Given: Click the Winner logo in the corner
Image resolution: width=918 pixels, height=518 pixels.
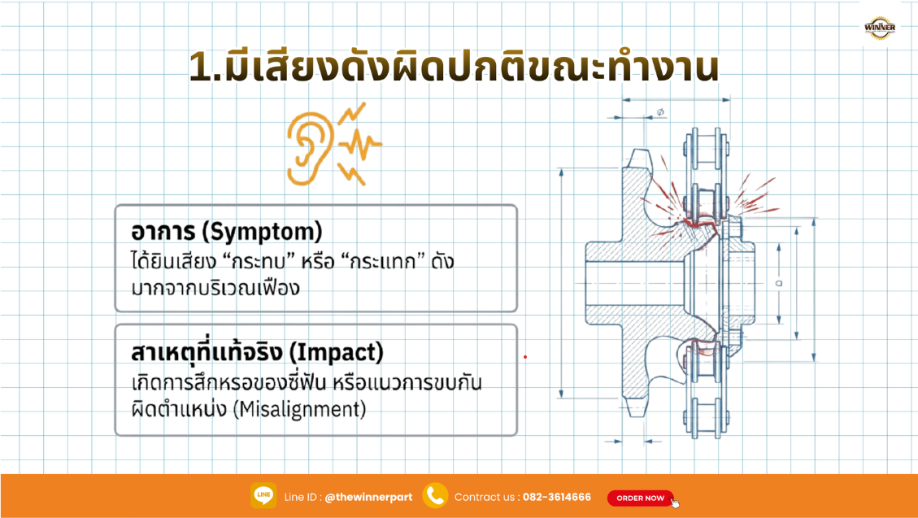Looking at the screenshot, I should [x=880, y=28].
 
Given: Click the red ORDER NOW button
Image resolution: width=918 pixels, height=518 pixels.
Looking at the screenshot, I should [x=641, y=498].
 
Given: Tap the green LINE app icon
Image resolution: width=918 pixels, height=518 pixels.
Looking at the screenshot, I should [x=263, y=495].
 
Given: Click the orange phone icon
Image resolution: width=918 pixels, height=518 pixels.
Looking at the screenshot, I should [x=435, y=495].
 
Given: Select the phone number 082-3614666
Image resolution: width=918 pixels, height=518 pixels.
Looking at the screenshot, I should [x=556, y=497].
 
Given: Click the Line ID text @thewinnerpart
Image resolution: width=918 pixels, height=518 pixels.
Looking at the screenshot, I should [x=368, y=497].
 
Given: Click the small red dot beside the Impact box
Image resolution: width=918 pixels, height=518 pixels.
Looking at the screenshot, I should [x=525, y=356].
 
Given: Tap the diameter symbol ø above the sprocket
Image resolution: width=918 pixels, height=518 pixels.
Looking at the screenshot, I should [x=659, y=111].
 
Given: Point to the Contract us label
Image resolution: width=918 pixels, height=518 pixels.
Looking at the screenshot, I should [x=485, y=497].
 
